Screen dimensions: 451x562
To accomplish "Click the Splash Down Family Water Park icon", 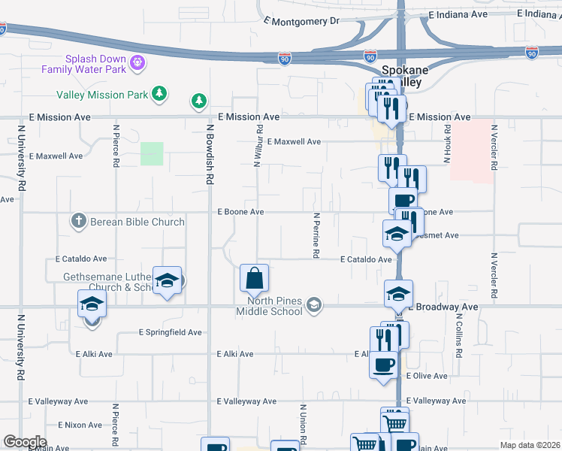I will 137,63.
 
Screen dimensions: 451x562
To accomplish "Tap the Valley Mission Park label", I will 102,95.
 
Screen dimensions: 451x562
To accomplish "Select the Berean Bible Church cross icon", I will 77,222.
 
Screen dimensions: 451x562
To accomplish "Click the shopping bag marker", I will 255,278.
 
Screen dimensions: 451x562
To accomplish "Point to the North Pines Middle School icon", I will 314,304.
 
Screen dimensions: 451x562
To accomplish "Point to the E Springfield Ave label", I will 171,331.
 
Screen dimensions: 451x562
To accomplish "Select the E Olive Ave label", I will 426,376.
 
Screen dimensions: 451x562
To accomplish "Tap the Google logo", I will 24,442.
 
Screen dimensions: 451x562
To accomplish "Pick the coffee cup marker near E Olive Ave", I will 384,365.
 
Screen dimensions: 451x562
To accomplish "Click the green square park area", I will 152,153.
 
